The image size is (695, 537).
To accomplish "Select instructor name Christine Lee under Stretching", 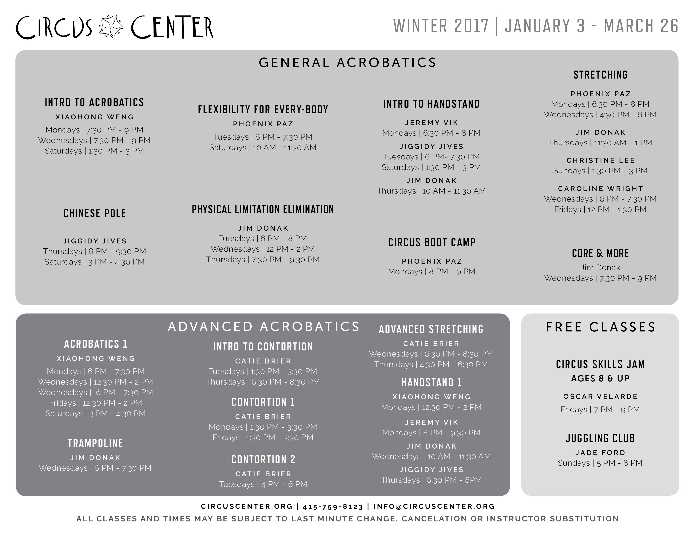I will (x=600, y=160).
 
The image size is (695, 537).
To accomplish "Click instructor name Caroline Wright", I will (x=600, y=189).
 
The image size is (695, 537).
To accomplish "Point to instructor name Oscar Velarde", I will (x=600, y=396).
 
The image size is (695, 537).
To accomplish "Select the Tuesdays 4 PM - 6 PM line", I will (x=263, y=484).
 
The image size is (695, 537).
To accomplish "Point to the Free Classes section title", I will (x=600, y=327).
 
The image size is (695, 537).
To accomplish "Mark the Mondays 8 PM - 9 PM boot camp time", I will (x=432, y=272).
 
